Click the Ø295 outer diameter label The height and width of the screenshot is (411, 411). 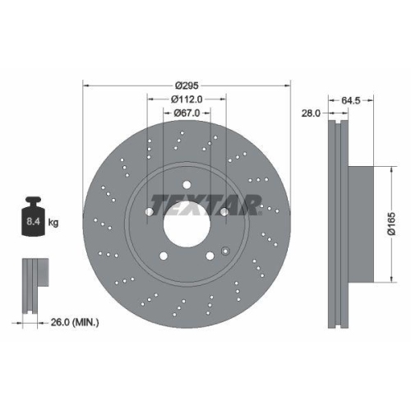pyautogui.click(x=187, y=84)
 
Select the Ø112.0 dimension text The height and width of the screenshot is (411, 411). pyautogui.click(x=187, y=99)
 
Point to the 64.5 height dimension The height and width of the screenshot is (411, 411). pyautogui.click(x=351, y=100)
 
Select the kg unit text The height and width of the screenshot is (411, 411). pyautogui.click(x=54, y=222)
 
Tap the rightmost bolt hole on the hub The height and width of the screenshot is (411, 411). pyautogui.click(x=224, y=211)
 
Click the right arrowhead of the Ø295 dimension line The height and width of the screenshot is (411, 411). pyautogui.click(x=289, y=84)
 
